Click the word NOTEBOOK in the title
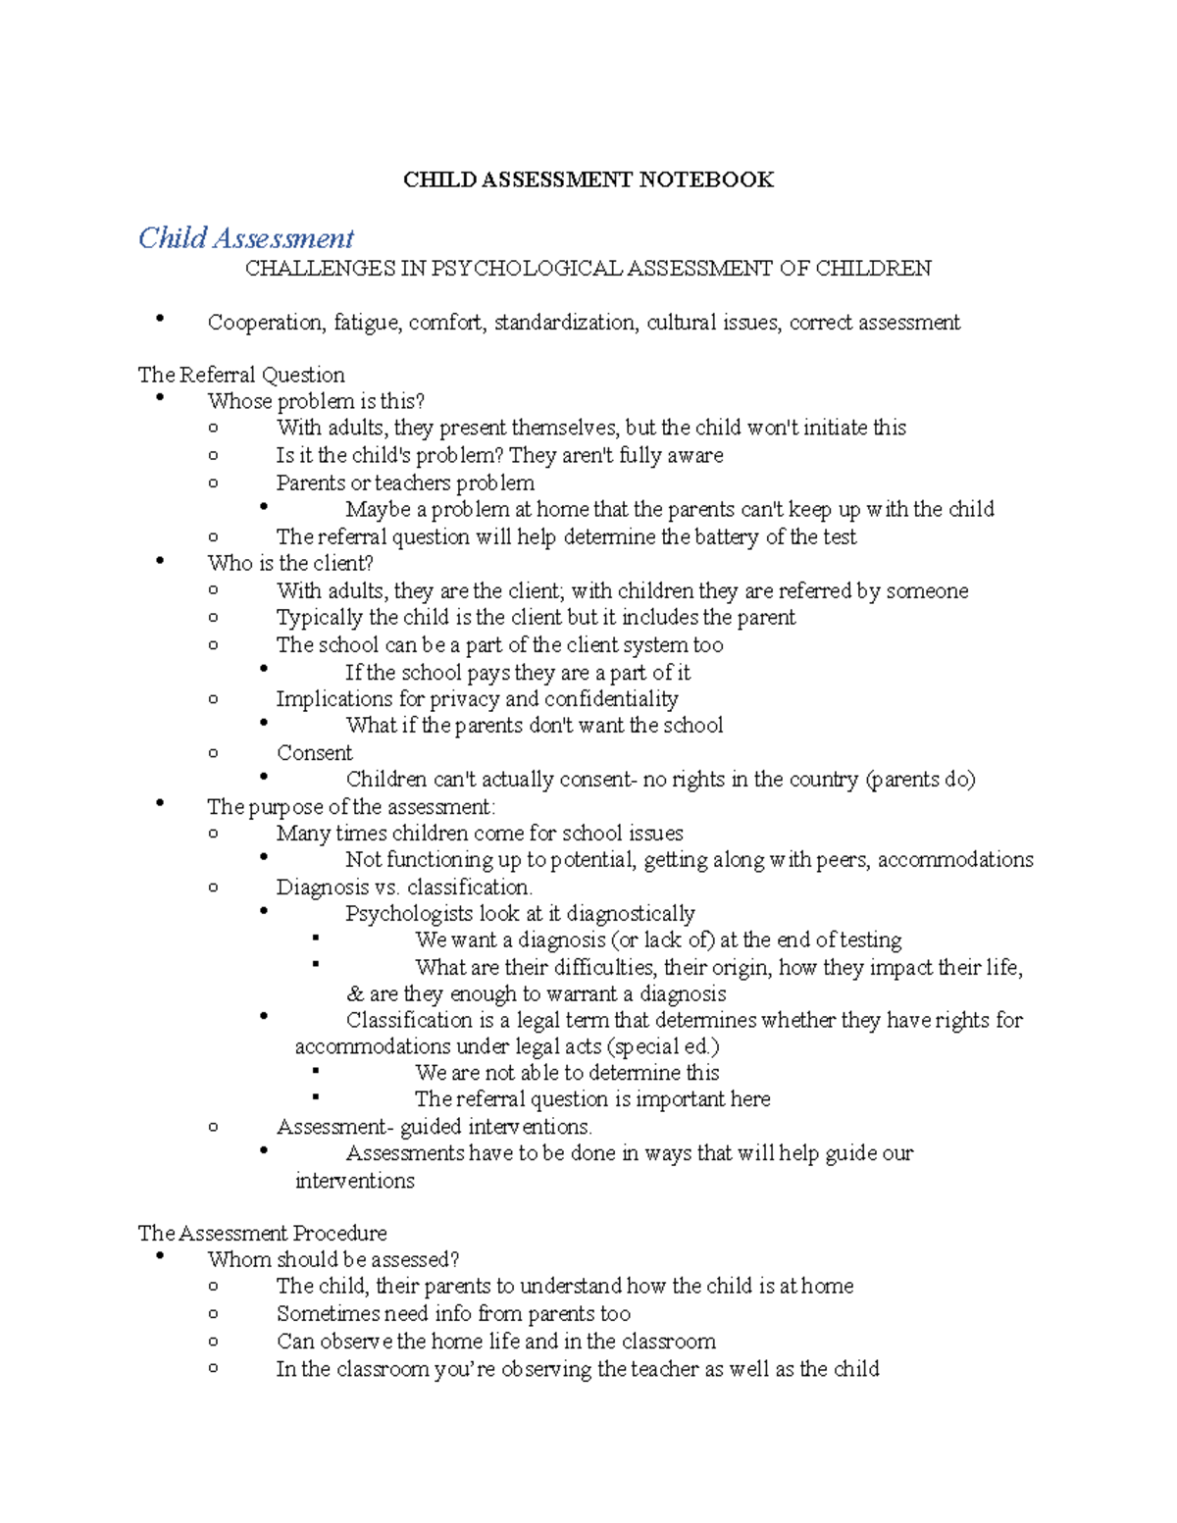[706, 179]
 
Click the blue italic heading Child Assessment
[245, 238]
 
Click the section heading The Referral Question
[241, 375]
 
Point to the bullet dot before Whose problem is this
[160, 398]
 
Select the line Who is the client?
[290, 564]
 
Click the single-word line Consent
[314, 753]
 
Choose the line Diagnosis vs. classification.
[404, 888]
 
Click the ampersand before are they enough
[354, 994]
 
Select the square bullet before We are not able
[315, 1072]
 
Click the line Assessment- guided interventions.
[434, 1127]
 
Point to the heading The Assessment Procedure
[262, 1233]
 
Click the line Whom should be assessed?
[333, 1259]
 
